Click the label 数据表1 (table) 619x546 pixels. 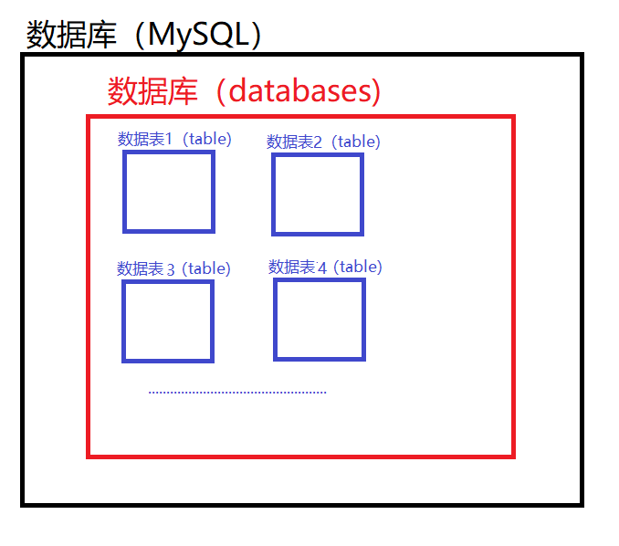tap(174, 139)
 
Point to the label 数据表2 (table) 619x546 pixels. tap(323, 142)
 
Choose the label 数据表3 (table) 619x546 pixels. tap(173, 268)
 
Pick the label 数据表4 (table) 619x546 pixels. tap(325, 267)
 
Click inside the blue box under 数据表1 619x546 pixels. tap(168, 192)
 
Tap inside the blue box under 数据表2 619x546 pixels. tap(318, 194)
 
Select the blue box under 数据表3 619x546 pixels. tap(167, 320)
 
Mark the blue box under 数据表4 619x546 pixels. tap(320, 320)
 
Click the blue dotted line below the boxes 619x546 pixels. tap(237, 393)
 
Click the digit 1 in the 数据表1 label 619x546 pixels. tap(169, 139)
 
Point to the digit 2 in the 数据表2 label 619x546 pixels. tap(318, 142)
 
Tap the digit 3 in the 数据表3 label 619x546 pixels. tap(170, 269)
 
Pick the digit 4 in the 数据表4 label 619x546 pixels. tap(321, 268)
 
